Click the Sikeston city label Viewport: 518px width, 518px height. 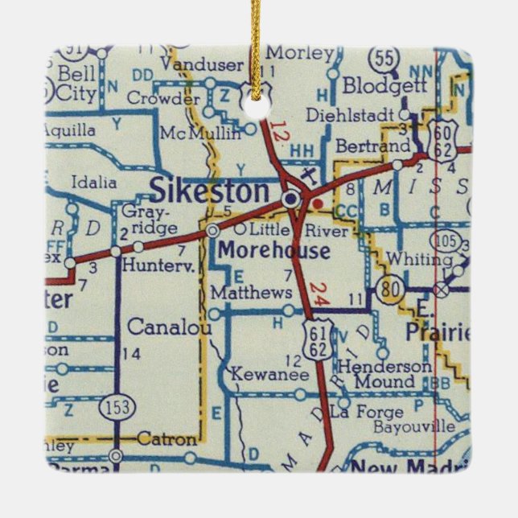tap(209, 191)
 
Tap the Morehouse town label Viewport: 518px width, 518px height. tap(273, 251)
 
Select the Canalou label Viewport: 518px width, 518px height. tap(170, 328)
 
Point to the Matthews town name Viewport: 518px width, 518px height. tap(249, 292)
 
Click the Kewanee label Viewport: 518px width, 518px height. tap(257, 374)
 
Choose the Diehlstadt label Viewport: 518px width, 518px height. tap(361, 113)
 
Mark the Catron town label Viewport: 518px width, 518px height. tap(166, 439)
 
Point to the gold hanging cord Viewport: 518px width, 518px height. tap(257, 40)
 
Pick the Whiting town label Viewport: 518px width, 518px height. tap(418, 259)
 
